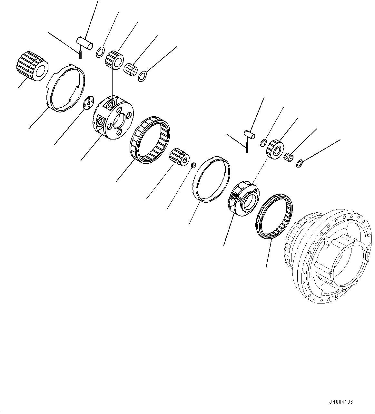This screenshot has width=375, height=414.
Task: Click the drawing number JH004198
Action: [x=341, y=402]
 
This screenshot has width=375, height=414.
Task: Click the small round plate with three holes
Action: [x=88, y=103]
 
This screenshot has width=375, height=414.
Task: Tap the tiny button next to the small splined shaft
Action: [x=193, y=165]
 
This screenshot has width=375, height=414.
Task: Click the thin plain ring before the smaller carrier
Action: [x=213, y=179]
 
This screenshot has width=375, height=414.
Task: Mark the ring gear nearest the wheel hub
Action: [x=274, y=216]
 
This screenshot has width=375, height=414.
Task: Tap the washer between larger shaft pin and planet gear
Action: [x=100, y=51]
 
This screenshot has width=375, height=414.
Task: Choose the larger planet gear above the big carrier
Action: [x=114, y=60]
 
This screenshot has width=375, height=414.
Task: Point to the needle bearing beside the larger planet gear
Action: [x=131, y=69]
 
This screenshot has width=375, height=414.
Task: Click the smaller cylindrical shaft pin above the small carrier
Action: [x=249, y=134]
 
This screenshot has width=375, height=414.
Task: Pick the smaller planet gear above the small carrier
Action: [x=274, y=148]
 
